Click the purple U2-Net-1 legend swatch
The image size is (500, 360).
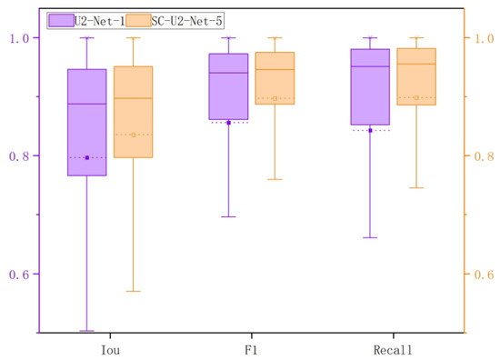point(62,20)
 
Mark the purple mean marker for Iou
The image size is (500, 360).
point(87,158)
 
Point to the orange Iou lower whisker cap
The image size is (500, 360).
point(134,291)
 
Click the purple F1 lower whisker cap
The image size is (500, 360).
point(229,216)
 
